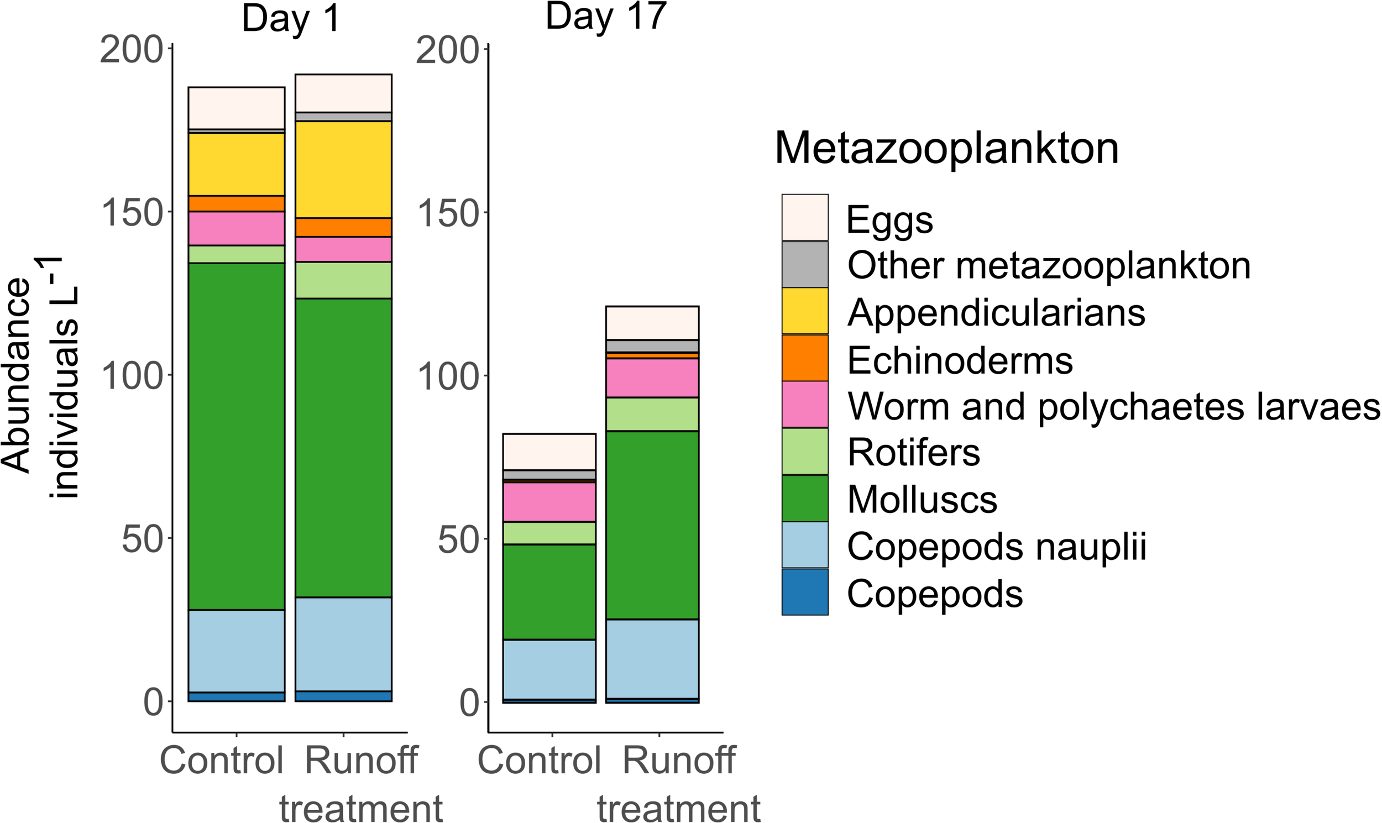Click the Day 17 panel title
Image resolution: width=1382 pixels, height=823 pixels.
click(606, 17)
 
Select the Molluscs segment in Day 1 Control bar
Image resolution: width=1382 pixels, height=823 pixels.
click(236, 436)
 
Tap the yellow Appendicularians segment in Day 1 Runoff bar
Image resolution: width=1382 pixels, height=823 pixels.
click(343, 169)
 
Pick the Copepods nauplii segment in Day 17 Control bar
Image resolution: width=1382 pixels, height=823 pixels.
click(549, 669)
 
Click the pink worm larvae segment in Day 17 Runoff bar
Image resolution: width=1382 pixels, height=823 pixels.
click(652, 378)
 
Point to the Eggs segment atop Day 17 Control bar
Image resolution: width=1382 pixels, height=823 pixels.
click(549, 452)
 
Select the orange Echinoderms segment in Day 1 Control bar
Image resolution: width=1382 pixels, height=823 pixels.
click(236, 203)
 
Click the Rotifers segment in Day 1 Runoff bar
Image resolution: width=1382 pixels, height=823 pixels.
click(343, 280)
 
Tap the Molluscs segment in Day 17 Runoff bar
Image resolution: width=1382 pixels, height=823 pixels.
click(652, 525)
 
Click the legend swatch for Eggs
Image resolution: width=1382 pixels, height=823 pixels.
click(805, 217)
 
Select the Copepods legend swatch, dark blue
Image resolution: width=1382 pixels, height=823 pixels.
click(805, 593)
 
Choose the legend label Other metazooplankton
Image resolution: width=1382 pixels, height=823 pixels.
click(1049, 266)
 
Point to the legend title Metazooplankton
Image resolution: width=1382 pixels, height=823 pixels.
click(946, 149)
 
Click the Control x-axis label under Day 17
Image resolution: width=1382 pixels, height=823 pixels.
click(539, 760)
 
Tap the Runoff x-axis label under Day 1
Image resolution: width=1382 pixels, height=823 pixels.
click(361, 760)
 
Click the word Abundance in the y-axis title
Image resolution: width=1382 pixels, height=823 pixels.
click(17, 376)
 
